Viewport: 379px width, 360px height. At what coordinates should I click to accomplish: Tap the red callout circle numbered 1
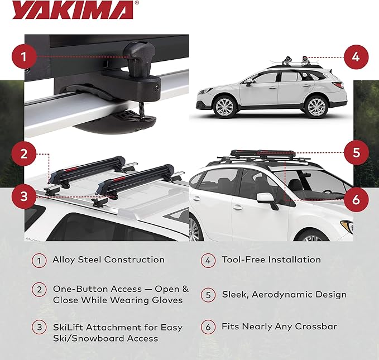22,56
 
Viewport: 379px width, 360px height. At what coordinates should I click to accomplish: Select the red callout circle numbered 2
22,154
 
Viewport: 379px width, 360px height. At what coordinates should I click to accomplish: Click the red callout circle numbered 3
22,196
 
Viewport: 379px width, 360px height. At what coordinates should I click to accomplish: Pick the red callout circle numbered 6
356,199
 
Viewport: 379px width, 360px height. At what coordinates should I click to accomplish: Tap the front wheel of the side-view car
225,105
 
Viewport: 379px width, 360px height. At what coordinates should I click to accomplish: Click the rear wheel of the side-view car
316,105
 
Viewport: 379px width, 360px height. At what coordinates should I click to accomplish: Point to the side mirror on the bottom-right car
267,200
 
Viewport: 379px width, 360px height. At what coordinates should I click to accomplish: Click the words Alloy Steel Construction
108,260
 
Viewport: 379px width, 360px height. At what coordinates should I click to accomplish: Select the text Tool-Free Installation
271,260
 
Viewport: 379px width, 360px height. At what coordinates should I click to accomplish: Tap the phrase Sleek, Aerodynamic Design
284,294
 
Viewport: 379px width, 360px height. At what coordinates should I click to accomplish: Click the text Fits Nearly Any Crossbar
279,327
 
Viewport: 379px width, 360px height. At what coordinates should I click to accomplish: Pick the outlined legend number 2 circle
39,290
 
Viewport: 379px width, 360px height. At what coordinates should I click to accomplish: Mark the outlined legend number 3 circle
39,328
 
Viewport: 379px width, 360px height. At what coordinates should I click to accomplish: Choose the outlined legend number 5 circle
207,294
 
